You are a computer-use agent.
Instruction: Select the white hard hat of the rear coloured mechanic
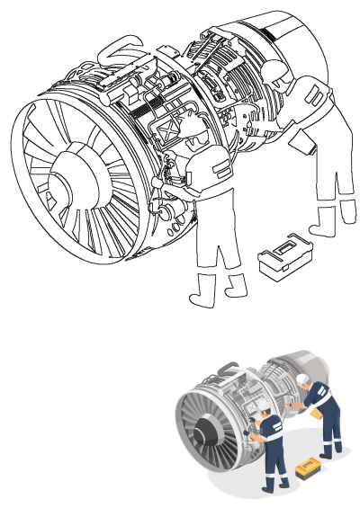306,377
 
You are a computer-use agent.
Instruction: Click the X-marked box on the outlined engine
170,134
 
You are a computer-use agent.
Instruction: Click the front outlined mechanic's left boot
203,292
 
